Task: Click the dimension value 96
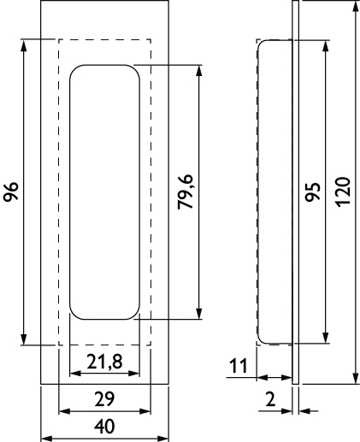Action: pyautogui.click(x=11, y=192)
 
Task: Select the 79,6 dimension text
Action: pyautogui.click(x=186, y=192)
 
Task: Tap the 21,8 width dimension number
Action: pyautogui.click(x=104, y=362)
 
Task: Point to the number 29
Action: pyautogui.click(x=104, y=399)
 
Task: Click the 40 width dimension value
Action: pyautogui.click(x=104, y=427)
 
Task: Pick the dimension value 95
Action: pyautogui.click(x=313, y=192)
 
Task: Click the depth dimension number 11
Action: pyautogui.click(x=238, y=366)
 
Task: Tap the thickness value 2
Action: pyautogui.click(x=270, y=399)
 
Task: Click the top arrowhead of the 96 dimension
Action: pyautogui.click(x=24, y=44)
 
